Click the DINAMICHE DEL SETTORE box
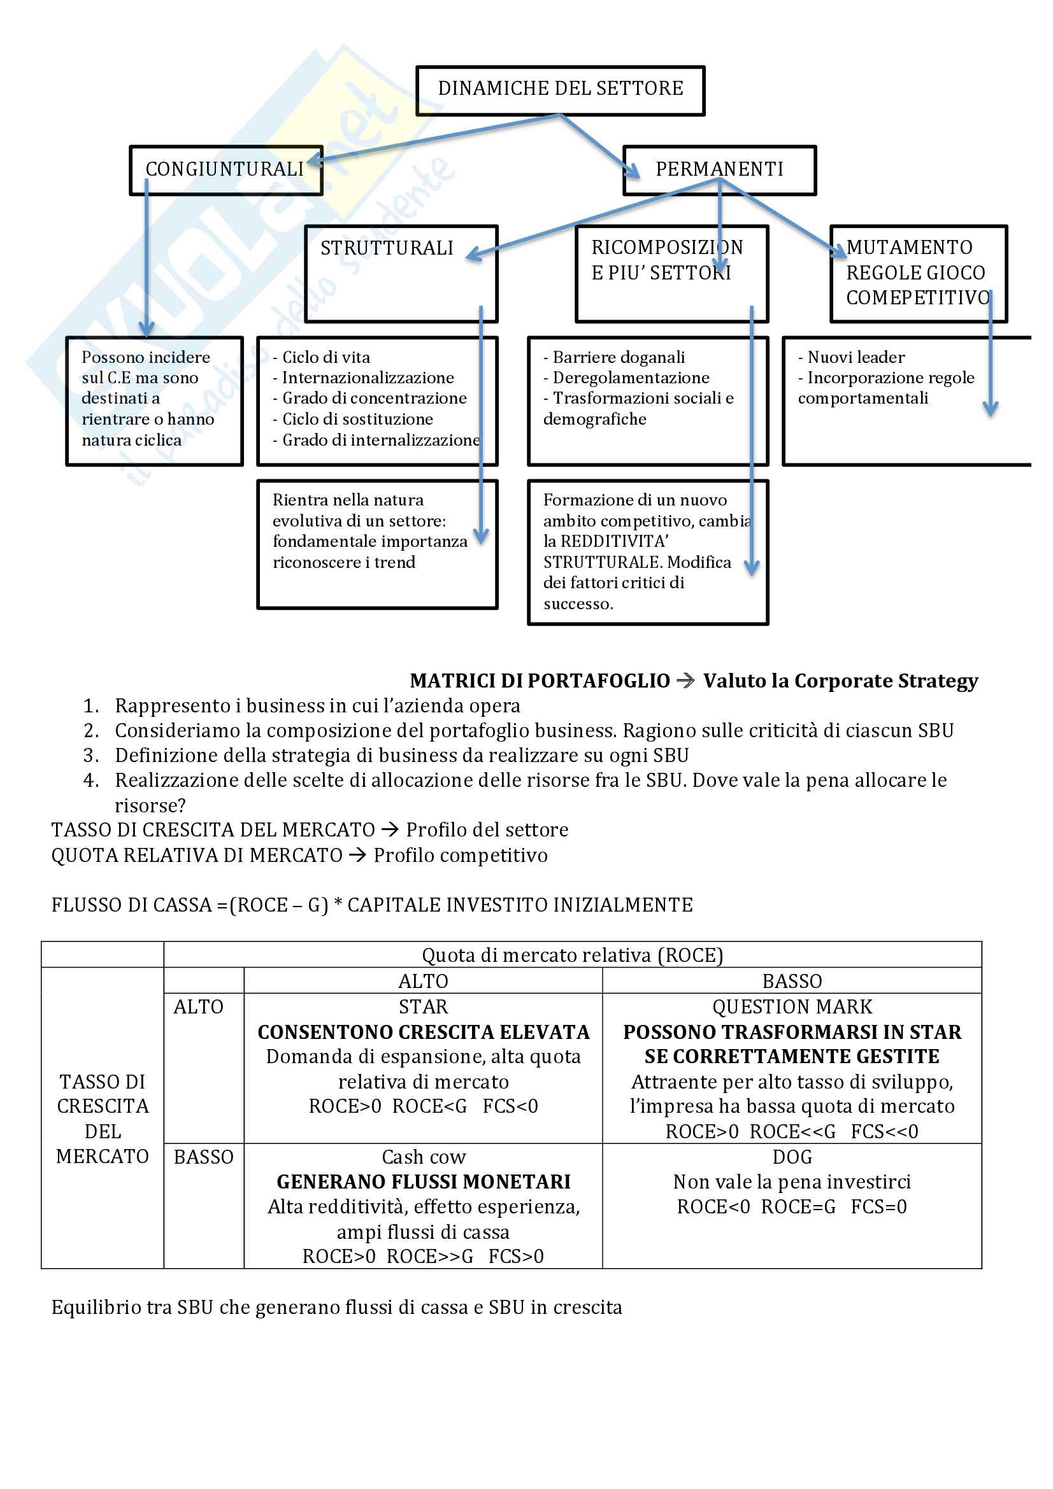point(560,89)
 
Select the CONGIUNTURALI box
point(224,169)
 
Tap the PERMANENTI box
point(719,169)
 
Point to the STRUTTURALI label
point(387,248)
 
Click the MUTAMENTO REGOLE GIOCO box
point(917,272)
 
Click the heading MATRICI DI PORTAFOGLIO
point(540,681)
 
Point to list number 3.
point(91,755)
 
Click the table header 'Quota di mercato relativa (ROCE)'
point(572,956)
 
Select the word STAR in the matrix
point(423,1006)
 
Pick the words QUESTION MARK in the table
point(792,1006)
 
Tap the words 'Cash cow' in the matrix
point(423,1157)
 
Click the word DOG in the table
point(792,1157)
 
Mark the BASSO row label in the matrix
point(203,1157)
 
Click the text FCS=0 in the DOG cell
point(878,1207)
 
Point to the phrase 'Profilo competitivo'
point(461,856)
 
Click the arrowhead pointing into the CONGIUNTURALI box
point(314,159)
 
